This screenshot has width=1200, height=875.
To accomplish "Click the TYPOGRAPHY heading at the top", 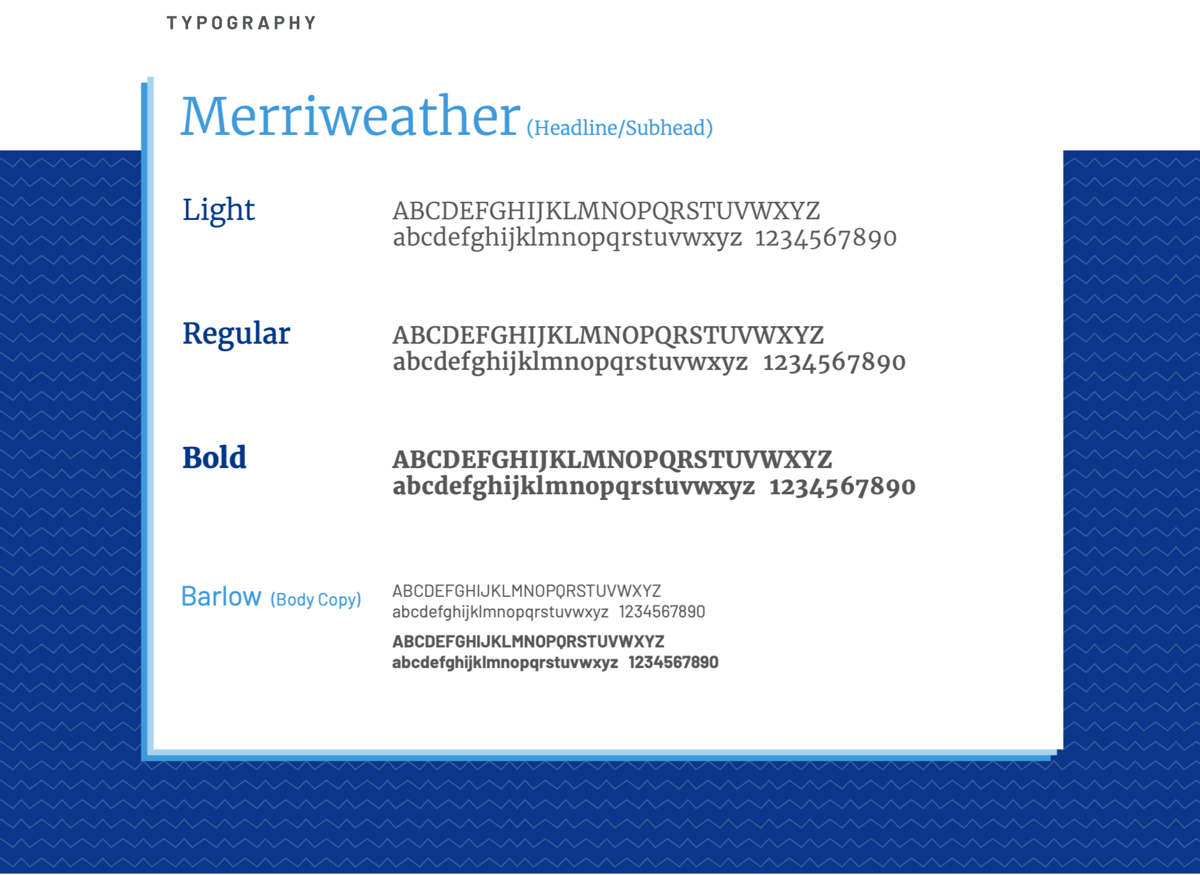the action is (x=241, y=23).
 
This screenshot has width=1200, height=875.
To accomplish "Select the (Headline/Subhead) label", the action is (x=619, y=128).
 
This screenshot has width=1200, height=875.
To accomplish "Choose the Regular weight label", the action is (x=236, y=334).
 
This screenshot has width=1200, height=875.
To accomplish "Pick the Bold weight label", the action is (x=214, y=457).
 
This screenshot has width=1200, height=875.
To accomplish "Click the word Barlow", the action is (x=221, y=596).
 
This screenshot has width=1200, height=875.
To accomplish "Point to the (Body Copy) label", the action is (x=316, y=600).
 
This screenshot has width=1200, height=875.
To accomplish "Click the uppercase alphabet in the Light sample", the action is (x=606, y=211).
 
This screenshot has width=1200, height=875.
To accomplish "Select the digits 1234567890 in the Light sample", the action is (x=826, y=238).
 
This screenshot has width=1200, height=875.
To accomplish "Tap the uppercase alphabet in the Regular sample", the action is (x=608, y=336).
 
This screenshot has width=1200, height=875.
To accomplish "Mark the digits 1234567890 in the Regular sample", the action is (x=834, y=362).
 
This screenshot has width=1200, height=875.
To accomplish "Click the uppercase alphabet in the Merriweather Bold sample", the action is (x=612, y=460).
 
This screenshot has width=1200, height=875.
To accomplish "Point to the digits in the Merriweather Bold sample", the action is (x=842, y=487).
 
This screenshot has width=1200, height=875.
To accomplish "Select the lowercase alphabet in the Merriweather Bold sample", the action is (x=574, y=487).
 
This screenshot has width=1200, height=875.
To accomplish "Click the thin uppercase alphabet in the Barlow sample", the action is (x=526, y=591).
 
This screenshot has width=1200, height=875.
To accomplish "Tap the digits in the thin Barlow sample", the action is (x=662, y=612).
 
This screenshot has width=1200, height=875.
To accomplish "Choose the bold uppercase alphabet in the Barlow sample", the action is (x=528, y=641).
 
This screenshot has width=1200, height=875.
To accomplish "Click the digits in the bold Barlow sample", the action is (x=673, y=662).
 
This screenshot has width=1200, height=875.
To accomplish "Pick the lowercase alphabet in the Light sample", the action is (x=567, y=239).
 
